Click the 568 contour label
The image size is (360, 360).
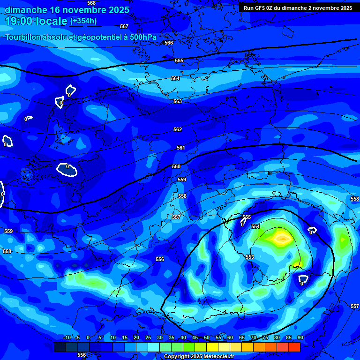tap(91, 3)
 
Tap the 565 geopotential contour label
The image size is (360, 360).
tap(179, 60)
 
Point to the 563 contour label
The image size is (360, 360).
tap(178, 101)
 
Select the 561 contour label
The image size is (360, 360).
tap(181, 148)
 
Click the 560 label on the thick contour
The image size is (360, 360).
tap(176, 166)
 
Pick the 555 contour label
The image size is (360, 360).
tap(247, 217)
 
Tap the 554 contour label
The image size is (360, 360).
tap(255, 226)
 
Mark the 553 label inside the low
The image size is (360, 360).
tap(250, 257)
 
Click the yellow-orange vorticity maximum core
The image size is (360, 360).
tap(282, 238)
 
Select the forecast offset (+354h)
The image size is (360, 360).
tap(83, 21)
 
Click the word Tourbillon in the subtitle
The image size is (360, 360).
tap(25, 37)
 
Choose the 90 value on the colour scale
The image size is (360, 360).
tap(300, 337)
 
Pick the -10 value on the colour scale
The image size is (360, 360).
tap(67, 337)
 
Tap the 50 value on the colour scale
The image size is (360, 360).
tap(207, 337)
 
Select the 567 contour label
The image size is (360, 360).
tap(124, 26)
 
